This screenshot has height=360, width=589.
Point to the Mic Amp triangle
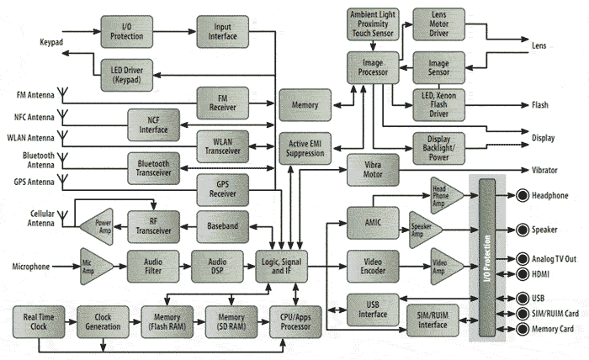coord(95,266)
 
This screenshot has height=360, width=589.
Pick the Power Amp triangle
coord(98,224)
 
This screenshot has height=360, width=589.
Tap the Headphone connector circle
coord(522,196)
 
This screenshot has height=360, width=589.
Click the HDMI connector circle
coord(522,275)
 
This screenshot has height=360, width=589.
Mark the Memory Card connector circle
coord(522,329)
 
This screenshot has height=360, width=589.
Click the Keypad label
coord(53,41)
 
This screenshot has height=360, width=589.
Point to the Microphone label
coord(35,267)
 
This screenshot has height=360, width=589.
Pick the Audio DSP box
coord(218,266)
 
